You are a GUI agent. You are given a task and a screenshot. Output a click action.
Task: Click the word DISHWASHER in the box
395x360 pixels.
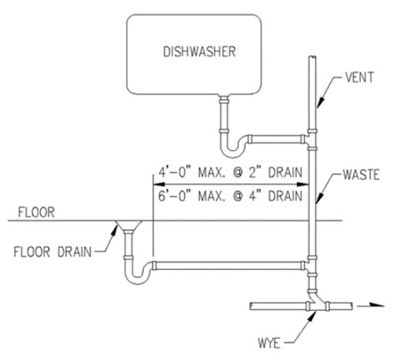tap(199, 52)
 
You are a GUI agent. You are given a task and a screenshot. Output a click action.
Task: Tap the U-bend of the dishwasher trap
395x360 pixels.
tap(232, 147)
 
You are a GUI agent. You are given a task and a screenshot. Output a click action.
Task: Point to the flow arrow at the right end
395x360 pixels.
tap(364, 306)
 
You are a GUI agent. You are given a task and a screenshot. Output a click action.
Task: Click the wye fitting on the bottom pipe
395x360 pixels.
tap(315, 298)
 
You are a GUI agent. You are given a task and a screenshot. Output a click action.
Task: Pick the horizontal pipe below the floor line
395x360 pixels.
tap(225, 265)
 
